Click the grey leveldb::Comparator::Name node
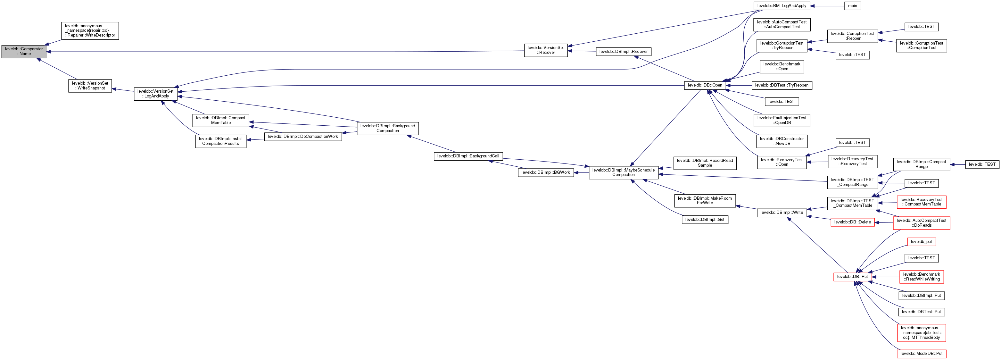tap(24, 52)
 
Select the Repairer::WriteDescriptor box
tap(90, 31)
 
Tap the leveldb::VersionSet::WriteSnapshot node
tap(90, 86)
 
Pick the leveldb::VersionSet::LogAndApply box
tap(155, 94)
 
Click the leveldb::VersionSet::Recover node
tap(546, 50)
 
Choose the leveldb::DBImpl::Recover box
tap(623, 52)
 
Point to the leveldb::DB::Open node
tap(705, 86)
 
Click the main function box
tap(853, 6)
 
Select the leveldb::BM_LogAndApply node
tap(782, 6)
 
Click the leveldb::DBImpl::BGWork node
tap(546, 172)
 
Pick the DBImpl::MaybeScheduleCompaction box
tap(623, 172)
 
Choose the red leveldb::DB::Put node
tap(853, 277)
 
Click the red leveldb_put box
tap(921, 242)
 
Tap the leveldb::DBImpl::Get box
tap(705, 220)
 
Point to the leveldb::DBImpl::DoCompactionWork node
tap(303, 137)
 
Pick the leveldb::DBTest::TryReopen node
tap(782, 86)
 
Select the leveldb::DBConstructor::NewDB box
tap(782, 141)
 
